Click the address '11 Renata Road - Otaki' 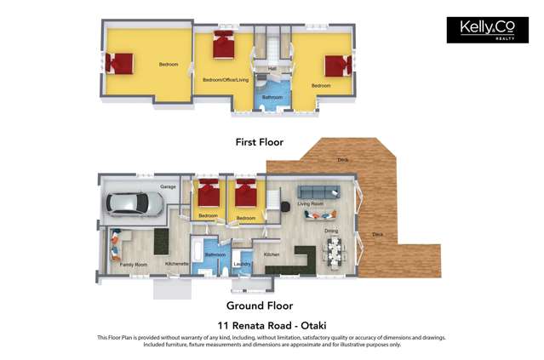pyautogui.click(x=272, y=325)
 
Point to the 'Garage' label pyautogui.click(x=168, y=186)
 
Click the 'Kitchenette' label pyautogui.click(x=176, y=264)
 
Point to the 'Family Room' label pyautogui.click(x=133, y=265)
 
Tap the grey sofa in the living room pyautogui.click(x=318, y=192)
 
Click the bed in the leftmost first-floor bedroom pyautogui.click(x=122, y=63)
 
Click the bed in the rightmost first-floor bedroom pyautogui.click(x=338, y=66)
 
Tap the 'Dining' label pyautogui.click(x=331, y=231)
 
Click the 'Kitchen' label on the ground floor pyautogui.click(x=272, y=254)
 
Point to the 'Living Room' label pyautogui.click(x=310, y=204)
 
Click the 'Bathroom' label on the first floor pyautogui.click(x=272, y=97)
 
